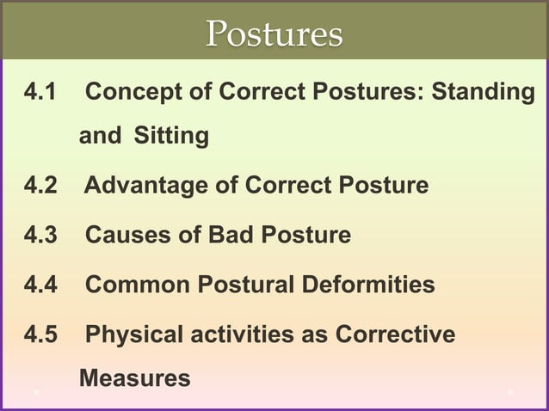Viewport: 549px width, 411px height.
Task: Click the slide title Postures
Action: point(274,34)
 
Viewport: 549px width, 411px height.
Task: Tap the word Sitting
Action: point(171,135)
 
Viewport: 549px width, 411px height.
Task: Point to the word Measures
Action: point(134,377)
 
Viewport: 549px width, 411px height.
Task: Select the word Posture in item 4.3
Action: point(307,234)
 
